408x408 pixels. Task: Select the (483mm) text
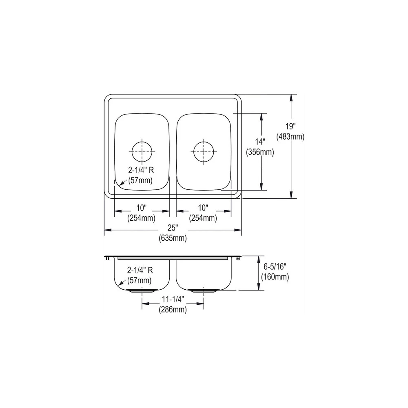(290, 137)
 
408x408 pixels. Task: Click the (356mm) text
(259, 152)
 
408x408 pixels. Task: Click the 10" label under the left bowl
(142, 208)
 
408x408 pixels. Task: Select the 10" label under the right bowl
(203, 208)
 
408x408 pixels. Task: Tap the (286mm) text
(173, 310)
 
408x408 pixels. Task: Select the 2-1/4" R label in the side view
(140, 270)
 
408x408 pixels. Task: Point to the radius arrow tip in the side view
(119, 284)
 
